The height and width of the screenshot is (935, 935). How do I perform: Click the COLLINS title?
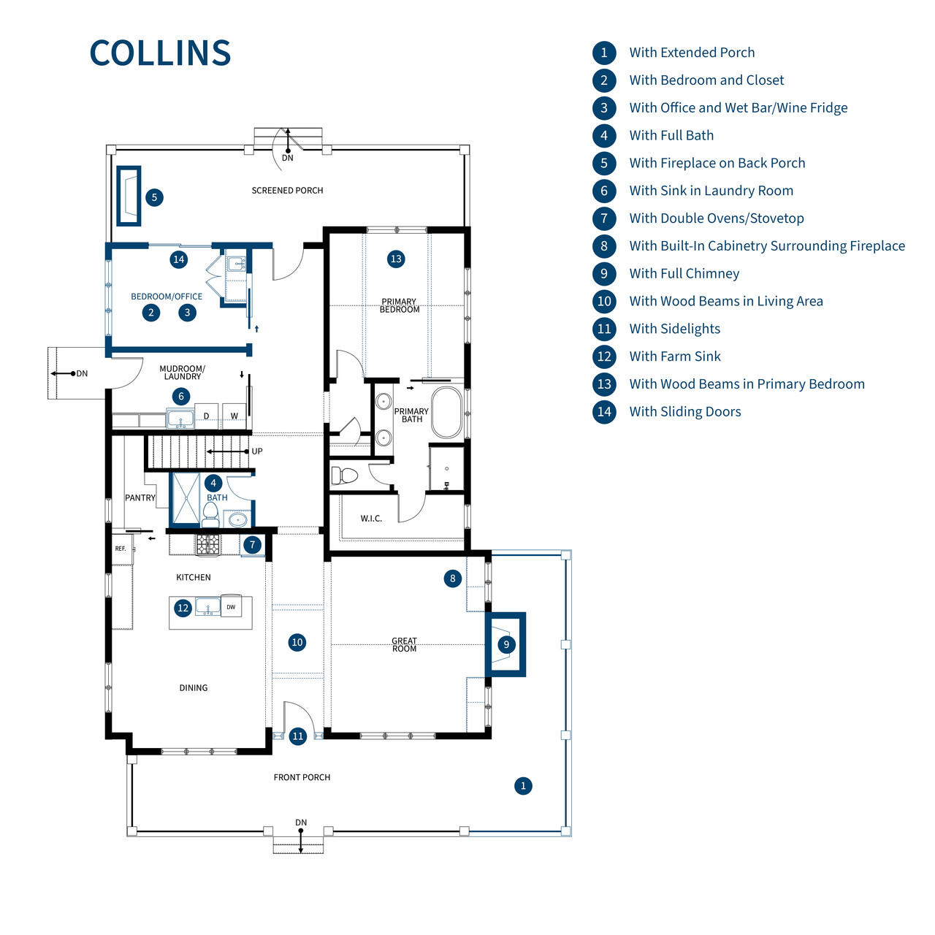(x=160, y=53)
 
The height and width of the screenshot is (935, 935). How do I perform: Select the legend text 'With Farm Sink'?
(x=674, y=356)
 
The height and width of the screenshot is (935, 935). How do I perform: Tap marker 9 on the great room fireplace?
(x=506, y=644)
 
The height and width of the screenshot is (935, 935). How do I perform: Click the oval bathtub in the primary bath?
(x=447, y=413)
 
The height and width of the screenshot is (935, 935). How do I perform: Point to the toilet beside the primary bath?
(x=345, y=476)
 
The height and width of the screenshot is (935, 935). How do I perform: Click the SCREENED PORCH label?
(x=287, y=191)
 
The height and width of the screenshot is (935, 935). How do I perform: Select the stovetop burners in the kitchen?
(x=207, y=544)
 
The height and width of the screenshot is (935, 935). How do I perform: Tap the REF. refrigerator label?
(x=121, y=549)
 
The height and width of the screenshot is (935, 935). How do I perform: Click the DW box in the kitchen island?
(x=231, y=607)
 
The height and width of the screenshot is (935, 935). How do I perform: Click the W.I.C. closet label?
(x=371, y=519)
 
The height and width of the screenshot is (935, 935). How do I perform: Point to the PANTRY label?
(x=140, y=498)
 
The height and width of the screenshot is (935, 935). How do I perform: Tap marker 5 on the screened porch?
(x=154, y=197)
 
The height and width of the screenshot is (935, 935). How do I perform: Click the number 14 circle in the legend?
(x=604, y=412)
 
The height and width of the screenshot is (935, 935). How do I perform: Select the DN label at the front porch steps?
(x=301, y=823)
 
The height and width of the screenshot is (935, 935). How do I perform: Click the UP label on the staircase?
(x=257, y=451)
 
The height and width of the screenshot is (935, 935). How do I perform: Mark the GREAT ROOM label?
(x=404, y=645)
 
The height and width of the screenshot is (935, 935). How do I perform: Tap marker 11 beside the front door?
(x=298, y=736)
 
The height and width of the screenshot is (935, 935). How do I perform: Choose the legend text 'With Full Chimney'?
(x=684, y=274)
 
